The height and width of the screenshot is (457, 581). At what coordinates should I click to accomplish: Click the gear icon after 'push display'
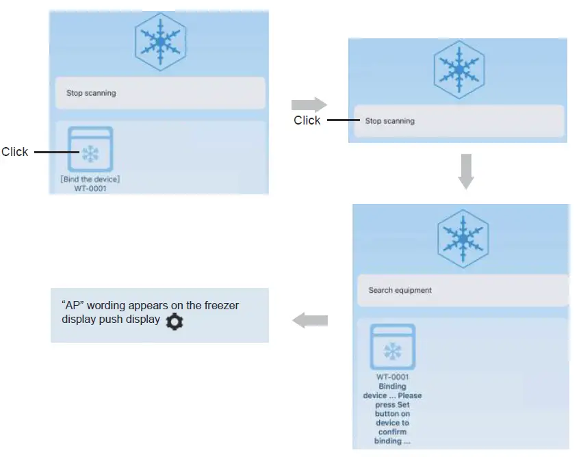[x=175, y=322]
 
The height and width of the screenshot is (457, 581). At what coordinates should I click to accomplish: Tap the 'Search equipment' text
[x=400, y=290]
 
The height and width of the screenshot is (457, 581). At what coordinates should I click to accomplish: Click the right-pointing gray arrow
[x=309, y=104]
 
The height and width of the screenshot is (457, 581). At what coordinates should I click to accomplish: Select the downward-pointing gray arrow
[x=465, y=171]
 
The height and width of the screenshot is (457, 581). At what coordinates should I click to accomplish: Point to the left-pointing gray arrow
[x=310, y=320]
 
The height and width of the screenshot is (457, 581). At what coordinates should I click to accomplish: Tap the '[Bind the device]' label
[x=90, y=179]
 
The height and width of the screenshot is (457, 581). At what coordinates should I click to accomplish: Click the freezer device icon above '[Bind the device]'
[x=90, y=149]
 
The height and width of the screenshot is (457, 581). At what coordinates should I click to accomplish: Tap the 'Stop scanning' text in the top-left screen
[x=91, y=93]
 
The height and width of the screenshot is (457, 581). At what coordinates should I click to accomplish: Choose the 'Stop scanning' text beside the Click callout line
[x=389, y=121]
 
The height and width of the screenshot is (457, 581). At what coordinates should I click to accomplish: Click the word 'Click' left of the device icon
[x=14, y=152]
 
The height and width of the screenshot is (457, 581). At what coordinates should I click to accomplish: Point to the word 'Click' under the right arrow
[x=307, y=120]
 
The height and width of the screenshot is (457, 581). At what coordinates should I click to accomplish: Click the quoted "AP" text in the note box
[x=73, y=306]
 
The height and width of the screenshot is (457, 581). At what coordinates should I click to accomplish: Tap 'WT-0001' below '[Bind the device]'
[x=90, y=188]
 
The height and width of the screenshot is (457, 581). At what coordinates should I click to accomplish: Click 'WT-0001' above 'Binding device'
[x=392, y=377]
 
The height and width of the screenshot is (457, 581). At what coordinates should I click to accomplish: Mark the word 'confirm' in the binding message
[x=392, y=432]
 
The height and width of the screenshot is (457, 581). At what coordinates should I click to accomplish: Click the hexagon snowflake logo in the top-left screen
[x=160, y=42]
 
